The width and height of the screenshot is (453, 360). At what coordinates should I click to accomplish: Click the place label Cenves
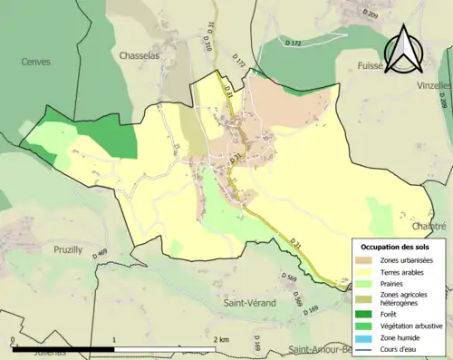(35, 62)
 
